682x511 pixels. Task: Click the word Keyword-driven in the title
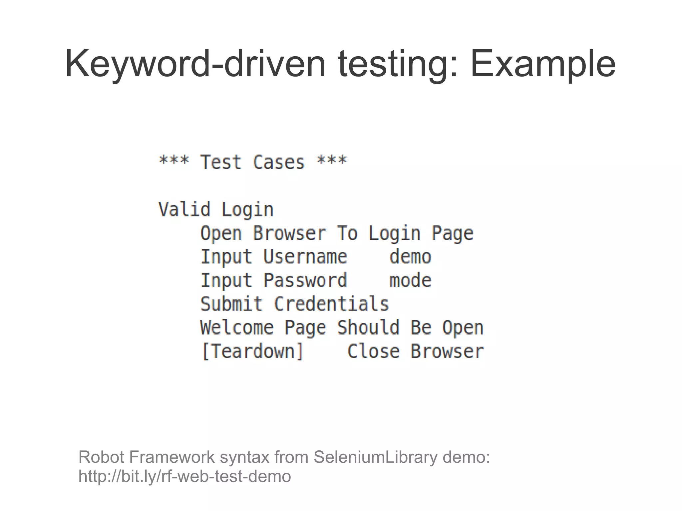click(x=195, y=64)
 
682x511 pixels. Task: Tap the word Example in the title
click(x=542, y=64)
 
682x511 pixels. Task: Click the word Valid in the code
click(x=184, y=209)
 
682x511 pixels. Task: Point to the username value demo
click(x=410, y=257)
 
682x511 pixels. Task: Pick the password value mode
click(x=410, y=280)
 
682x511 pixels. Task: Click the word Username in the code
click(x=305, y=257)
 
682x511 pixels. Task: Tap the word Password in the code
click(x=305, y=280)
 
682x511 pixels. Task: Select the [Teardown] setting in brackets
click(x=253, y=351)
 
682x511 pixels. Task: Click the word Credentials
click(x=331, y=304)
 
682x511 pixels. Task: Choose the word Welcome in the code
click(x=237, y=328)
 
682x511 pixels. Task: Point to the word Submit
click(x=231, y=304)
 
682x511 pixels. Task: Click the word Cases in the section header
click(x=279, y=162)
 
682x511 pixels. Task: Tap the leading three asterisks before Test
click(x=174, y=161)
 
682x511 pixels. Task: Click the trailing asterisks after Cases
click(x=332, y=161)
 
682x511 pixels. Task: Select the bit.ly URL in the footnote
click(x=184, y=476)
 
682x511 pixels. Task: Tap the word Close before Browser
click(x=373, y=351)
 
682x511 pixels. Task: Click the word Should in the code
click(x=368, y=328)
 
